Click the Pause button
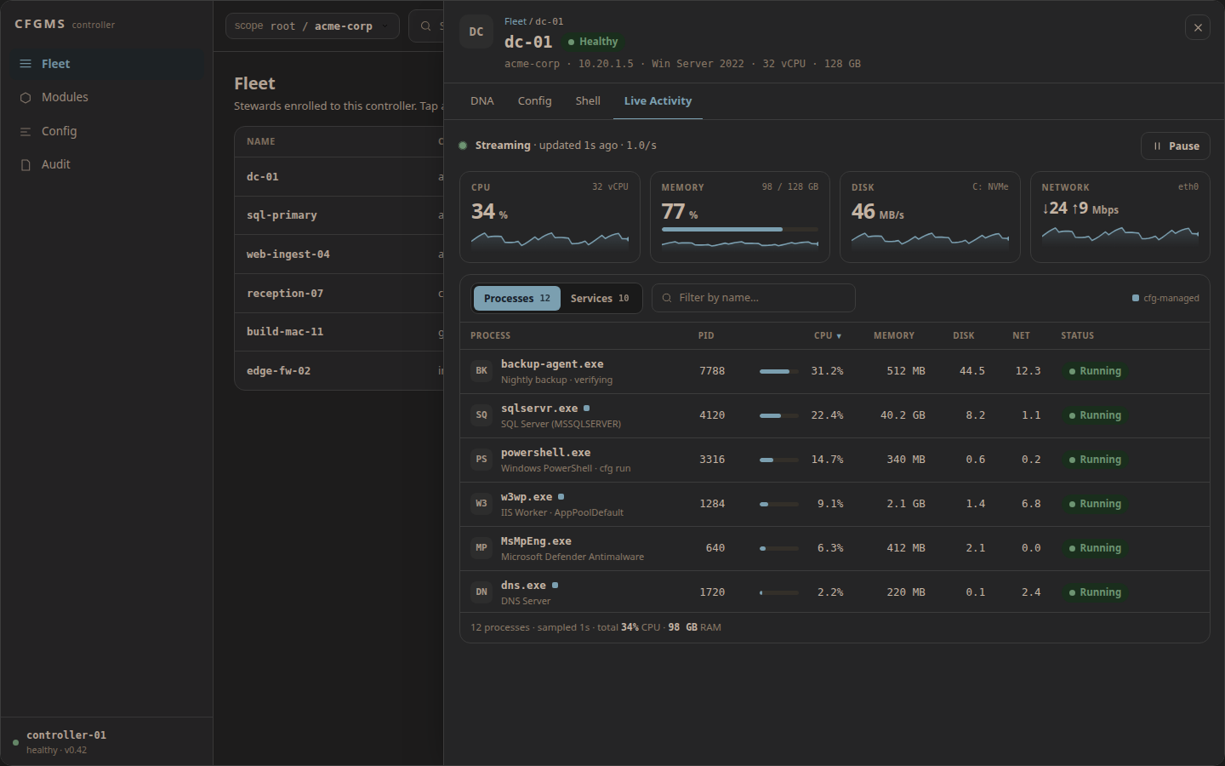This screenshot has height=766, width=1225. (x=1175, y=146)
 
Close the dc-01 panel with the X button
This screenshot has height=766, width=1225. (x=1198, y=27)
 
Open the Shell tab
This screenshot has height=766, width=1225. (x=587, y=100)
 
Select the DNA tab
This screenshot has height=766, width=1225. (x=481, y=100)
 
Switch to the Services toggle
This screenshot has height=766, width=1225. (x=600, y=298)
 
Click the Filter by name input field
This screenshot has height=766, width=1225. (x=753, y=298)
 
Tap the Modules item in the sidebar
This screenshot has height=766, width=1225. (x=65, y=97)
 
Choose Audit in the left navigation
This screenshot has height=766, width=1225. (x=56, y=164)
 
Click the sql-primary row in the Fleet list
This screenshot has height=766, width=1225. (x=282, y=215)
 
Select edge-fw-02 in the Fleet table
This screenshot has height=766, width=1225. (x=278, y=370)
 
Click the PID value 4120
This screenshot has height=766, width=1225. (x=711, y=415)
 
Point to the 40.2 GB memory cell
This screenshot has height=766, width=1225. (x=903, y=415)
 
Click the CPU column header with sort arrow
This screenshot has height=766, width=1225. (x=828, y=335)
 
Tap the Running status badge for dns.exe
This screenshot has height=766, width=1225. (x=1095, y=592)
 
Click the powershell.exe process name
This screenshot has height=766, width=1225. (x=545, y=453)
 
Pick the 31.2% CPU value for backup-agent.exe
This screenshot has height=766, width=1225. (x=827, y=371)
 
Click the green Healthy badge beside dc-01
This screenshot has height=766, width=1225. (x=593, y=42)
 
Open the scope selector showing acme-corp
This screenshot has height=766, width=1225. (x=312, y=26)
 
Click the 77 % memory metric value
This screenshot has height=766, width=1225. (x=679, y=212)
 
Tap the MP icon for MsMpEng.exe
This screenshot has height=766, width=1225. (x=481, y=548)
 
